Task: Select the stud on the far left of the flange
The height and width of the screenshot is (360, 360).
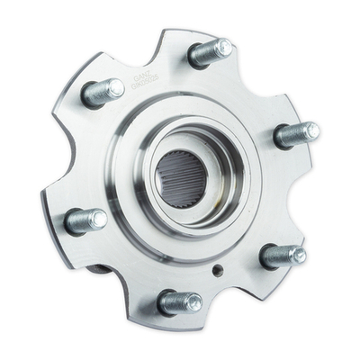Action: (x=85, y=219)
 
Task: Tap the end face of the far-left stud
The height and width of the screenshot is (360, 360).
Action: (x=98, y=218)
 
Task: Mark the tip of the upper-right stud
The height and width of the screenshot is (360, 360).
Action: (x=311, y=131)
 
